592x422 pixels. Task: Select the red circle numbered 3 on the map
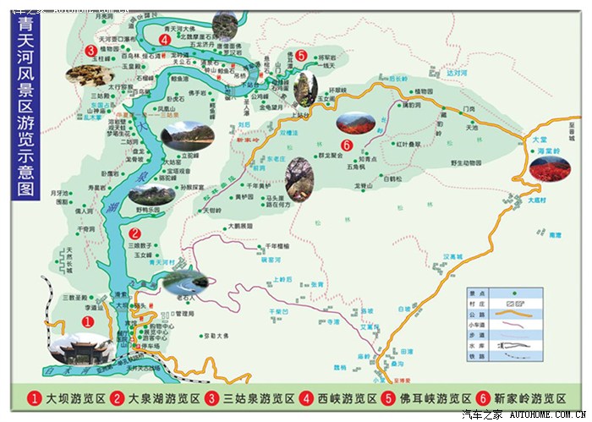pos(90,50)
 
